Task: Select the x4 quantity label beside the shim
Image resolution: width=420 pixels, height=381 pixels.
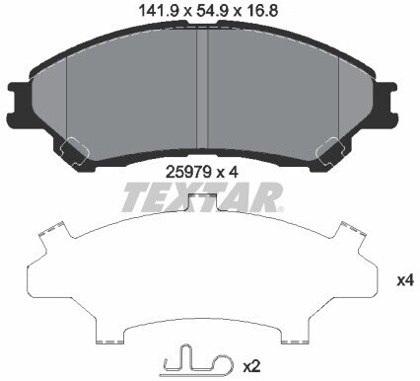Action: click(402, 280)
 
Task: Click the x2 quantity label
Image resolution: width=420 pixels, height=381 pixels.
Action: click(250, 366)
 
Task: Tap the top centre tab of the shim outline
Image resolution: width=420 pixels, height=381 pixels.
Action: click(202, 204)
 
